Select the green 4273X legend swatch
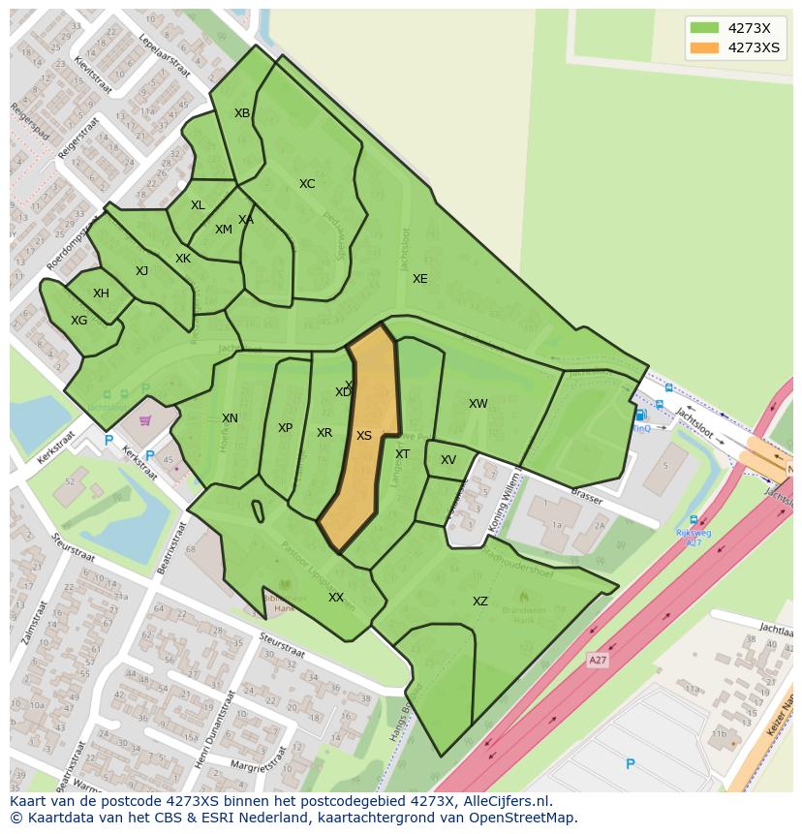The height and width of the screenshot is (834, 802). [705, 28]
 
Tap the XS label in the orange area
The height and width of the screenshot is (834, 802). [364, 436]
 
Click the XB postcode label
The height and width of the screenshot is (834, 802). [242, 113]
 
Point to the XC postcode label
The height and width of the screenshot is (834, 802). [307, 184]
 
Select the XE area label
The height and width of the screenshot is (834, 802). [419, 279]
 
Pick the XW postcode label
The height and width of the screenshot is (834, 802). [478, 404]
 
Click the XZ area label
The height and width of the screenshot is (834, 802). [480, 602]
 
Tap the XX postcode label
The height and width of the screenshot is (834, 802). [336, 598]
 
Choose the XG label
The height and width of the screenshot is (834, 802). [79, 321]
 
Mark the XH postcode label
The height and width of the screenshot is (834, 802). [101, 293]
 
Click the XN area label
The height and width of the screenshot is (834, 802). [230, 418]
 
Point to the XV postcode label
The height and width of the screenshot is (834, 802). [448, 460]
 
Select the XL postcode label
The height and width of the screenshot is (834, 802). [198, 205]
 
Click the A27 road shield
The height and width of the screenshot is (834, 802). [599, 659]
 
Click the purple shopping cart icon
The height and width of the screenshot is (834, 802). [145, 420]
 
